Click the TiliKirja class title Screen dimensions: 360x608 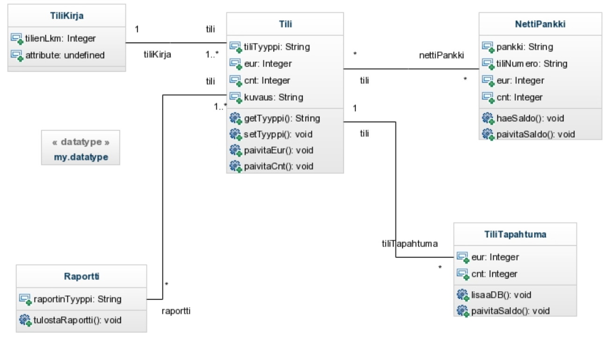67,16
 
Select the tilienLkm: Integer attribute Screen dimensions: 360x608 60,38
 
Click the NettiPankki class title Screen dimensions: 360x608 540,24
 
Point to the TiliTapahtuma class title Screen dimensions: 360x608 515,235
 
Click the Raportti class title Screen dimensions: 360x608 82,277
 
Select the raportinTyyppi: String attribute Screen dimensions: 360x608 77,299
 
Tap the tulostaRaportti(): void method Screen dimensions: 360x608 77,321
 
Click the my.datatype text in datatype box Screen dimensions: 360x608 80,157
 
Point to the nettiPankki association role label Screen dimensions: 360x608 441,56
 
